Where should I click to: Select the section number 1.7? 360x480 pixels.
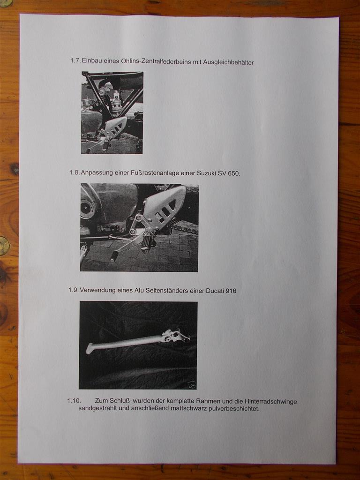pos(75,60)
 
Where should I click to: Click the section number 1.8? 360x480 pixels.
pos(75,172)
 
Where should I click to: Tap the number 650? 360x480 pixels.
pos(234,173)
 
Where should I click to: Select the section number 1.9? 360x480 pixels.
pos(74,290)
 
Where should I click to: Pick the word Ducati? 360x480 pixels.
pos(215,291)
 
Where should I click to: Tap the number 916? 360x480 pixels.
pos(231,291)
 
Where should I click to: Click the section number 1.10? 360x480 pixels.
pos(74,400)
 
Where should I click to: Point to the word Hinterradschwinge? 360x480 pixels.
pos(270,402)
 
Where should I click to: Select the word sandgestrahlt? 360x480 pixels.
pos(98,408)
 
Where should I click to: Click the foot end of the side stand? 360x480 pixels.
pos(90,348)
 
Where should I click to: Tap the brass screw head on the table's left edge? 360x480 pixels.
pos(4,246)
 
